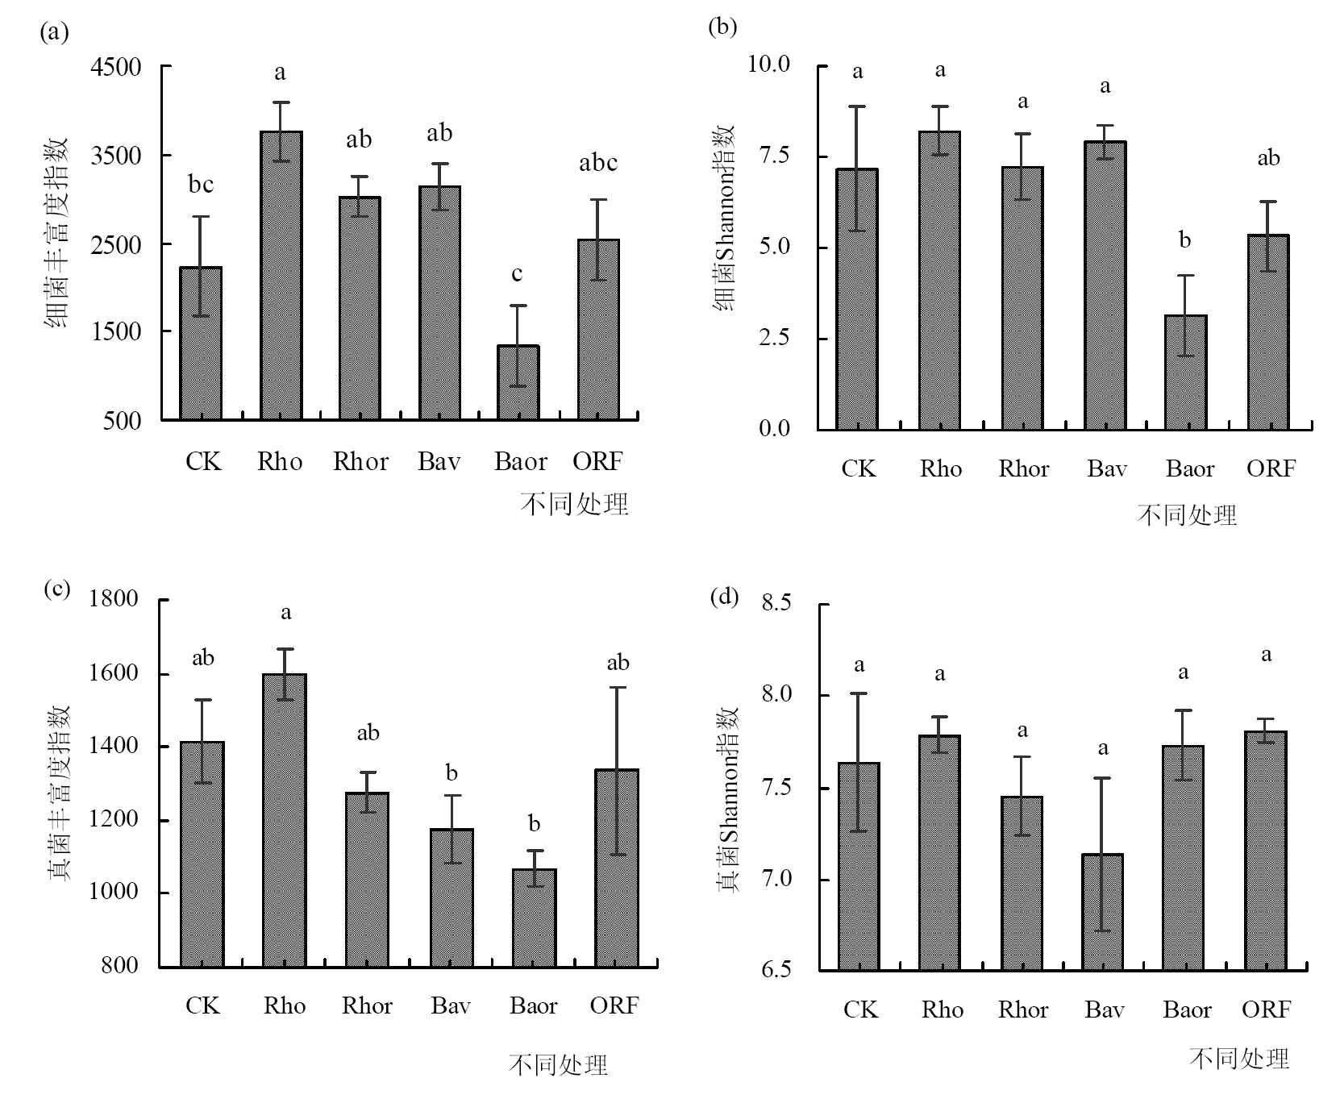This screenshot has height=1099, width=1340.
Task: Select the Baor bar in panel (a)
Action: pos(518,382)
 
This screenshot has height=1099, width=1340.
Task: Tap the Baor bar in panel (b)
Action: pos(1186,373)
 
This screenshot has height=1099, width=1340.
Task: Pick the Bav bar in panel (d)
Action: pos(1102,911)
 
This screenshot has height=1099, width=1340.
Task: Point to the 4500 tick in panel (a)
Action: pos(116,67)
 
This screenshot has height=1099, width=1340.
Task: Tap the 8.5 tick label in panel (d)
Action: pos(776,602)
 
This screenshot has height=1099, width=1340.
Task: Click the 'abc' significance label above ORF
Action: pos(598,164)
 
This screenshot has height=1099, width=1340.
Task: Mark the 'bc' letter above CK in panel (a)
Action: pos(201,185)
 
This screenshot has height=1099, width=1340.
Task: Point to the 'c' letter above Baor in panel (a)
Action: pos(517,274)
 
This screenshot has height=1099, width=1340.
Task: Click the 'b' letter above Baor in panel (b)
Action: pos(1184,239)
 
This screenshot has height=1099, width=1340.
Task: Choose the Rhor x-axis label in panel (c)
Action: pos(367,1005)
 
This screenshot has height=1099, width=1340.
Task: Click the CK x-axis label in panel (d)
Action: pos(860,1009)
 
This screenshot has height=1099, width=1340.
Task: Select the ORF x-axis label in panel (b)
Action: pos(1271,468)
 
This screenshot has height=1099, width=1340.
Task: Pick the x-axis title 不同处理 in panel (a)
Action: pos(574,505)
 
